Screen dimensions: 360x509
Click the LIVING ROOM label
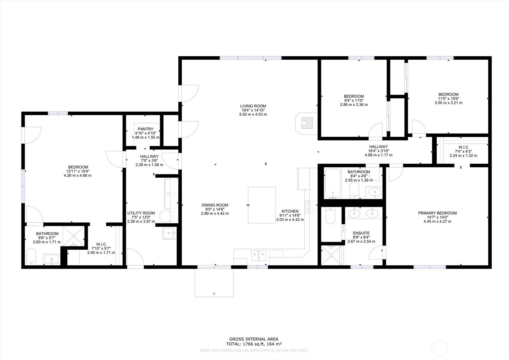[253, 106]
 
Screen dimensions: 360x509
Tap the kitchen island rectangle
[262, 205]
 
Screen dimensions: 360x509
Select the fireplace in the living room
[307, 123]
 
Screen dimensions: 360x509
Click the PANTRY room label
[146, 129]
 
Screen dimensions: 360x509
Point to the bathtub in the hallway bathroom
[333, 183]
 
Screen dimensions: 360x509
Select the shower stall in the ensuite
[331, 255]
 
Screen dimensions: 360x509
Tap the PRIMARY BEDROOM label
[437, 213]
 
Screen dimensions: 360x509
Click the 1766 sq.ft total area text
[253, 344]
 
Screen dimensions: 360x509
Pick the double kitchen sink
[258, 255]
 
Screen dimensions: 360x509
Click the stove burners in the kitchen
[311, 207]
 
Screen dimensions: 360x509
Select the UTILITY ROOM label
[141, 213]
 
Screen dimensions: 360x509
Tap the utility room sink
[169, 233]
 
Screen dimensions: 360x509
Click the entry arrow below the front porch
[214, 293]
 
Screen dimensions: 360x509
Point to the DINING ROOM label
[215, 205]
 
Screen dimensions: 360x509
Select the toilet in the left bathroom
[31, 257]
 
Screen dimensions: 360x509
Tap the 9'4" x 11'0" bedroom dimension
[354, 101]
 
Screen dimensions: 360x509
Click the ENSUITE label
[361, 233]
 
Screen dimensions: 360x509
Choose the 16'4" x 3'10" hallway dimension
[378, 151]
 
